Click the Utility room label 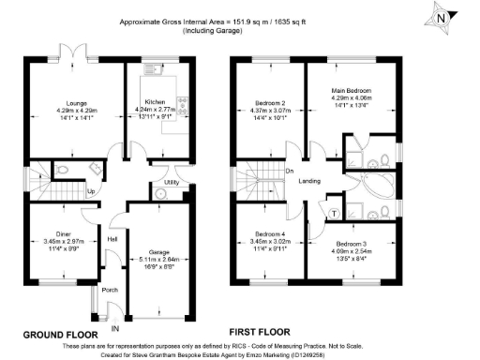tap(171, 182)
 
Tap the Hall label tap(112, 238)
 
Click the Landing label tap(310, 181)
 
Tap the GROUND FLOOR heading tap(61, 333)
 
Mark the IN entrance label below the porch tap(115, 329)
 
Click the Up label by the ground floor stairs tap(92, 192)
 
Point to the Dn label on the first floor tap(290, 171)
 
